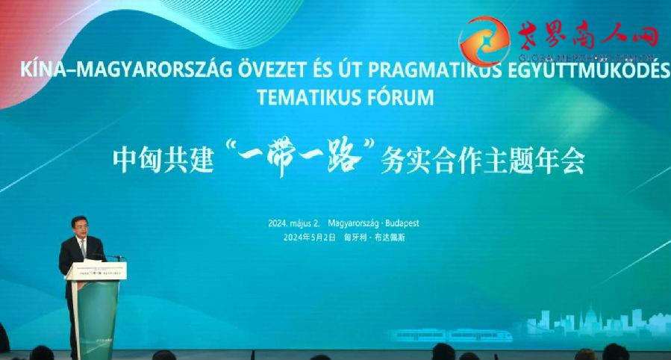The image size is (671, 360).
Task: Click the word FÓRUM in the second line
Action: pyautogui.click(x=396, y=99)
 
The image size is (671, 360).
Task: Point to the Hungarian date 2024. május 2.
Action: pyautogui.click(x=294, y=223)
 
